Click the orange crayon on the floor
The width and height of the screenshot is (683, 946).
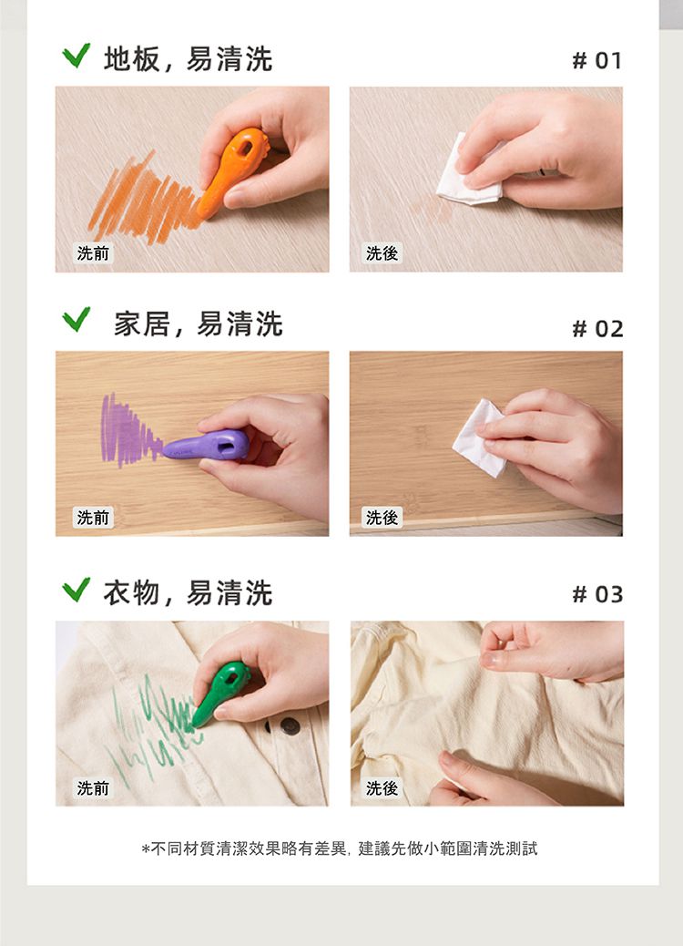pyautogui.click(x=235, y=171)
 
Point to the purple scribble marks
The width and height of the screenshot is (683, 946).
pyautogui.click(x=126, y=430)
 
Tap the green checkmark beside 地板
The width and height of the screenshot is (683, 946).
pyautogui.click(x=76, y=57)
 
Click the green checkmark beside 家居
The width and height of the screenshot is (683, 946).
pyautogui.click(x=76, y=320)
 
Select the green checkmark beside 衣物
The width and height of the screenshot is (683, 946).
pyautogui.click(x=76, y=590)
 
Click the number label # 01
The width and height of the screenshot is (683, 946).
pyautogui.click(x=596, y=61)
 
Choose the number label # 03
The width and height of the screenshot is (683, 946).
pyautogui.click(x=596, y=595)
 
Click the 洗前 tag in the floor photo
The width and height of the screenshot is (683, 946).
pyautogui.click(x=93, y=253)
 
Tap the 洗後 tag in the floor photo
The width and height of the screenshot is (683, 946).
pyautogui.click(x=382, y=253)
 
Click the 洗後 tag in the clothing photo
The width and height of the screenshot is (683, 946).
pyautogui.click(x=382, y=788)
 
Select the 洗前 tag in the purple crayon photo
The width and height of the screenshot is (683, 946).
pyautogui.click(x=93, y=518)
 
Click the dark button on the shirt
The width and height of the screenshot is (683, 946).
pyautogui.click(x=291, y=725)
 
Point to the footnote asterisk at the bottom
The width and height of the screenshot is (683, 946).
pyautogui.click(x=146, y=849)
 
